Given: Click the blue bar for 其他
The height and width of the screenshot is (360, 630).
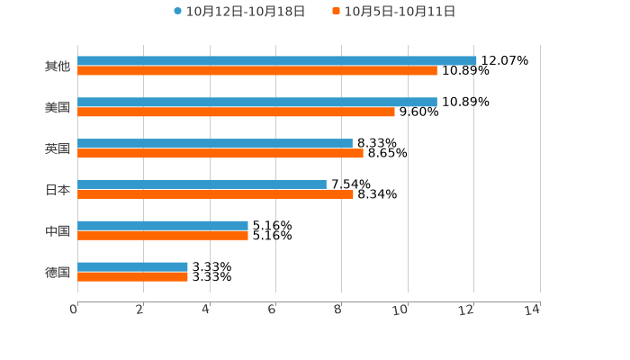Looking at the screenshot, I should pyautogui.click(x=277, y=61).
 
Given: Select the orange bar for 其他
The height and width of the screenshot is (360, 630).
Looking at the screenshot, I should pyautogui.click(x=257, y=71).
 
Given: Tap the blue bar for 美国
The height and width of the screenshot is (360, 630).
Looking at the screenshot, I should pyautogui.click(x=257, y=103).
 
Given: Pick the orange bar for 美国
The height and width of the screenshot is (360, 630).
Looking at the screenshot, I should pyautogui.click(x=236, y=112).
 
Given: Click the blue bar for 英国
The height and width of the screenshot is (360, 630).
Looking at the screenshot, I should pyautogui.click(x=215, y=144).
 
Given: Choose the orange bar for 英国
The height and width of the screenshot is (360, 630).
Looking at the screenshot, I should pyautogui.click(x=220, y=154).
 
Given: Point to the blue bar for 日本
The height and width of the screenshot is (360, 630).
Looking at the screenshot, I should pyautogui.click(x=202, y=184).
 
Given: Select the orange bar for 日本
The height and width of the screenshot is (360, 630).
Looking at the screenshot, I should pyautogui.click(x=215, y=194).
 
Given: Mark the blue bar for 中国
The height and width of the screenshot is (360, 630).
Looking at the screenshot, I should pyautogui.click(x=163, y=226).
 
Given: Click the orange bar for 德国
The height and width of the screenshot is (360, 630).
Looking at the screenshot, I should pyautogui.click(x=132, y=277).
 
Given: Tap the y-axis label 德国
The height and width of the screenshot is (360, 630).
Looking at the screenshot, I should pyautogui.click(x=58, y=272).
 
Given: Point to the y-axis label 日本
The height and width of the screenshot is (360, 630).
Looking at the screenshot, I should pyautogui.click(x=58, y=190).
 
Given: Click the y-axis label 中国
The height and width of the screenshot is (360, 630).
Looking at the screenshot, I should pyautogui.click(x=58, y=231).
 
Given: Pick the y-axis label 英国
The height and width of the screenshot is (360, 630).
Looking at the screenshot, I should pyautogui.click(x=58, y=148).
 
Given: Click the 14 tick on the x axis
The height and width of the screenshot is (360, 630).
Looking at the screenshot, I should pyautogui.click(x=533, y=310).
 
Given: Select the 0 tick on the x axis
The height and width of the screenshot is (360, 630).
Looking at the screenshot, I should pyautogui.click(x=74, y=310).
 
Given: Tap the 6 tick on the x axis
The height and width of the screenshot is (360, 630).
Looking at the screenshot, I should pyautogui.click(x=272, y=310).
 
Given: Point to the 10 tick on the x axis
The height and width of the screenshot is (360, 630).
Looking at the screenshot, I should pyautogui.click(x=401, y=310).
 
